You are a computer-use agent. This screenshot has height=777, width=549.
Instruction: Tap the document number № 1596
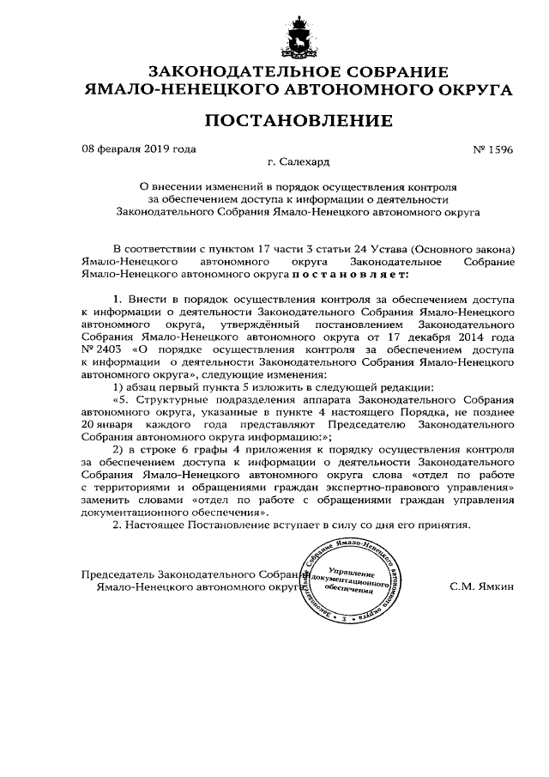492,149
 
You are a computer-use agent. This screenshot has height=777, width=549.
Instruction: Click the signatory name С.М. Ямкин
480,587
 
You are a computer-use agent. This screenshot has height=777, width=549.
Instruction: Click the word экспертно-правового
390,486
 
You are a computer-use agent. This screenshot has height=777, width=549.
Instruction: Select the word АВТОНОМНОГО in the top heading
347,88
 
